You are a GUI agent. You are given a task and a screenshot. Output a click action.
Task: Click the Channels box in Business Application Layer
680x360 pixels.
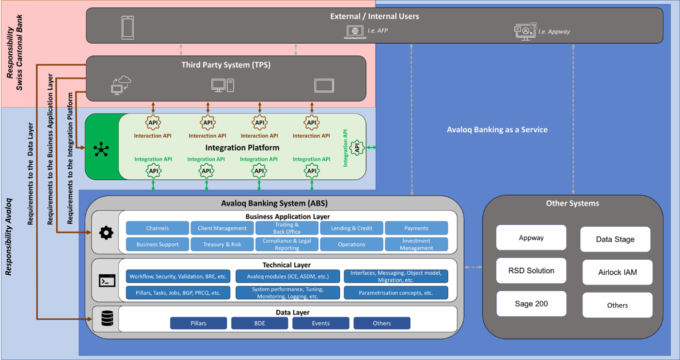tap(158, 228)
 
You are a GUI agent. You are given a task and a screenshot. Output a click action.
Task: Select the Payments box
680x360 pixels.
tap(416, 228)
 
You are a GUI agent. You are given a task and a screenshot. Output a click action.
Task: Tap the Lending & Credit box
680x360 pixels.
tap(351, 228)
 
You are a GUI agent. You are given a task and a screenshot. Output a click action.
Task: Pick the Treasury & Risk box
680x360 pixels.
tap(222, 244)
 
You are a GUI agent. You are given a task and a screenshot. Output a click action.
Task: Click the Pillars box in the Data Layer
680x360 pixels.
tap(198, 323)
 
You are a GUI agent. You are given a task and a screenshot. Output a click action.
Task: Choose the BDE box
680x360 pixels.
tap(260, 323)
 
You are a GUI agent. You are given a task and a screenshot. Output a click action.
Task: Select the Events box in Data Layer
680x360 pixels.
tap(320, 323)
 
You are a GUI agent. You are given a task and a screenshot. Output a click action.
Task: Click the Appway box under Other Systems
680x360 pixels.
tap(531, 238)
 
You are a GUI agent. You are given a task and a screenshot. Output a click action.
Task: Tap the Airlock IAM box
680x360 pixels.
tap(617, 272)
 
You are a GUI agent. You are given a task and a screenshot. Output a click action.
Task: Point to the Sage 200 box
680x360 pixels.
tap(531, 304)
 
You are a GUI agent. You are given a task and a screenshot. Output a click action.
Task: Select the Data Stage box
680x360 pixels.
tap(615, 239)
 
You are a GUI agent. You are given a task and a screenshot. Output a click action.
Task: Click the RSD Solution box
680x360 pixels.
tap(531, 271)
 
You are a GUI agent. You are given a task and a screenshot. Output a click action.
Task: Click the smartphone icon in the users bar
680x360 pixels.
tap(127, 28)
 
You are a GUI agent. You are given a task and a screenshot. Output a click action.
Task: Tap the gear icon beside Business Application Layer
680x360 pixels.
tap(106, 233)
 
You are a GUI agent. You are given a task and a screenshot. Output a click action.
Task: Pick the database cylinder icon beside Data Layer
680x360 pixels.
tap(107, 318)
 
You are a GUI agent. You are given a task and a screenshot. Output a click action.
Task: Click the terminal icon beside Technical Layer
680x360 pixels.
tap(107, 281)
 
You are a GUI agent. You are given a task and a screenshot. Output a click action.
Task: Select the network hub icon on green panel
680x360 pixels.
tap(101, 149)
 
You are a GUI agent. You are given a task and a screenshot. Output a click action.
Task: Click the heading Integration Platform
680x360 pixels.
tap(242, 147)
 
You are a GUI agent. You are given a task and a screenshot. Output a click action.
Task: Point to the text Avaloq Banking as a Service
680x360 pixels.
tap(497, 129)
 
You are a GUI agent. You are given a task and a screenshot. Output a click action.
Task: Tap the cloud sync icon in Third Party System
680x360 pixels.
tap(121, 85)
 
